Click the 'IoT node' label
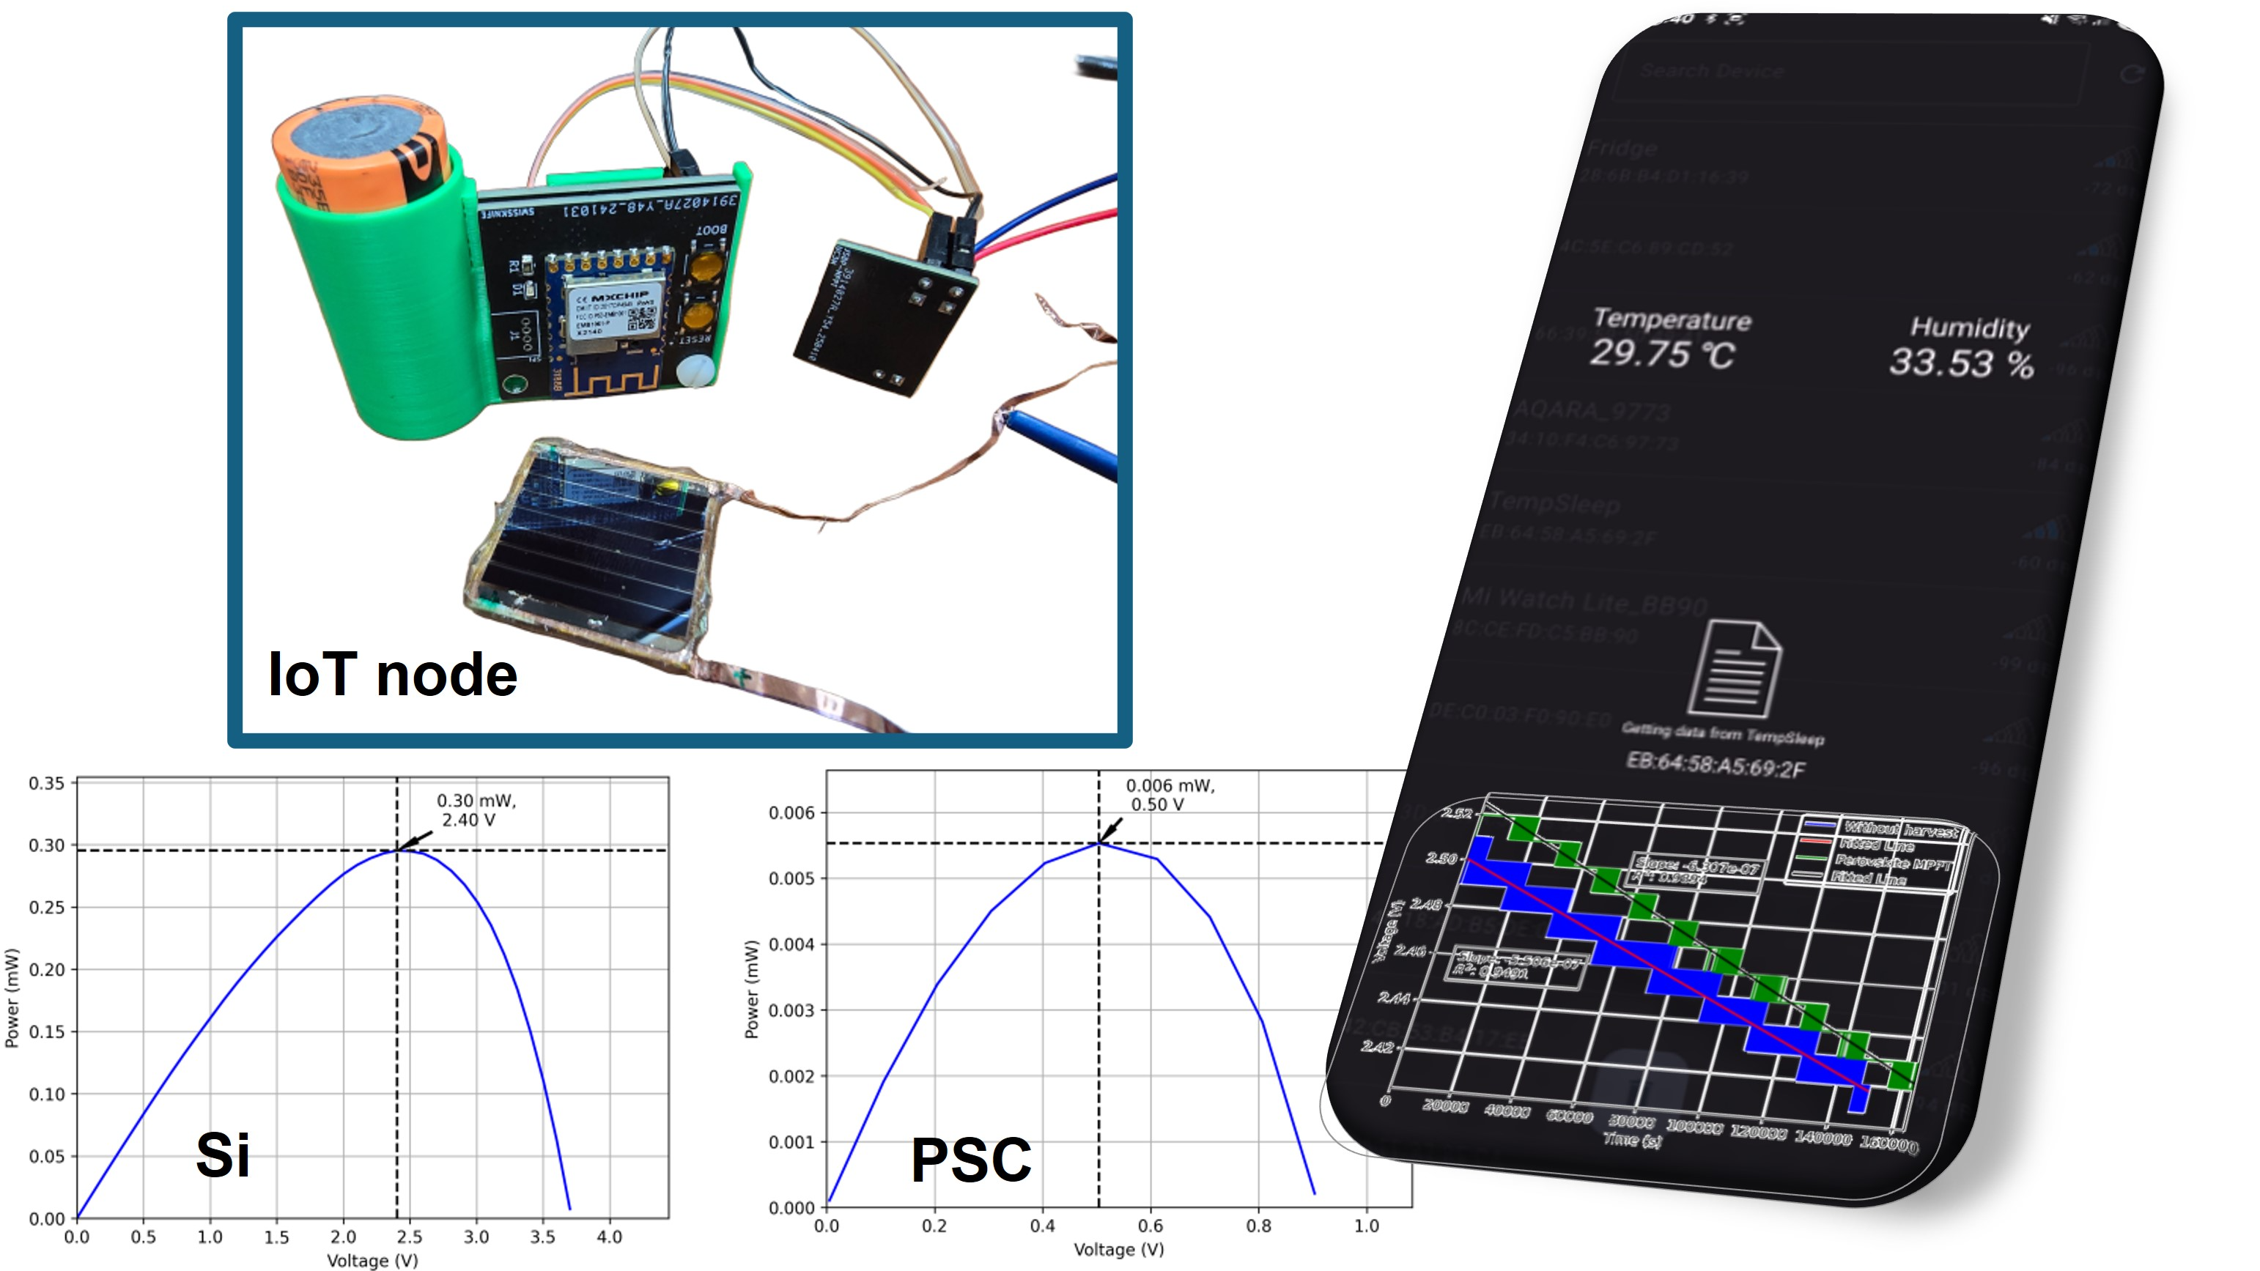392,675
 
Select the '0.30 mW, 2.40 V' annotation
476,809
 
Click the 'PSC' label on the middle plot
970,1160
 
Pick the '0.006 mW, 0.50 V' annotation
1169,795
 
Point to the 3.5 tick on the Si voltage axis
542,1237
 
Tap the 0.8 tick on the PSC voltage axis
1258,1226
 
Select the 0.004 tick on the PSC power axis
791,944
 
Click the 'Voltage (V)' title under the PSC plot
1118,1249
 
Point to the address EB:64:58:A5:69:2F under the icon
1716,765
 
